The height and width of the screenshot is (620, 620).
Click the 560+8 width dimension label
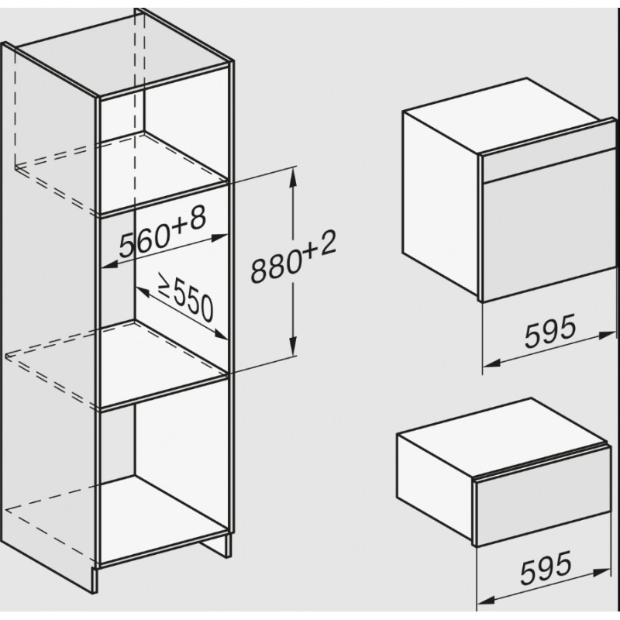tap(163, 233)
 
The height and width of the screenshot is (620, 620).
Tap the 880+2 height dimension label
tap(294, 257)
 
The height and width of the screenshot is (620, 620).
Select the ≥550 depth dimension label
tap(185, 297)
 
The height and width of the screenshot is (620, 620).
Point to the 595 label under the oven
tap(550, 332)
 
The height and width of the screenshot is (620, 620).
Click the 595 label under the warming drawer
tap(546, 568)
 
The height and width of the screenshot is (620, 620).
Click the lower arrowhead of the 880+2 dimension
tap(293, 346)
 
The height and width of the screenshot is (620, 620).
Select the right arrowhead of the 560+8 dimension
tap(219, 238)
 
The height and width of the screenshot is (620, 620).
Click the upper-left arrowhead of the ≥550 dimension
tap(142, 291)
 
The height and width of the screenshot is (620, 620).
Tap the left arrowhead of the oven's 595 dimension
tap(492, 363)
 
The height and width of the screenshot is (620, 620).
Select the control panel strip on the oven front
tap(549, 160)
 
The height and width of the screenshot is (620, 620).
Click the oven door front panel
tap(549, 226)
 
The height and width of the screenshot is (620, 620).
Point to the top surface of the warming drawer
tap(501, 436)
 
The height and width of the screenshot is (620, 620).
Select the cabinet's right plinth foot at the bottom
tap(215, 546)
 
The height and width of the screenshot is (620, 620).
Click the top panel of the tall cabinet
tap(122, 54)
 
